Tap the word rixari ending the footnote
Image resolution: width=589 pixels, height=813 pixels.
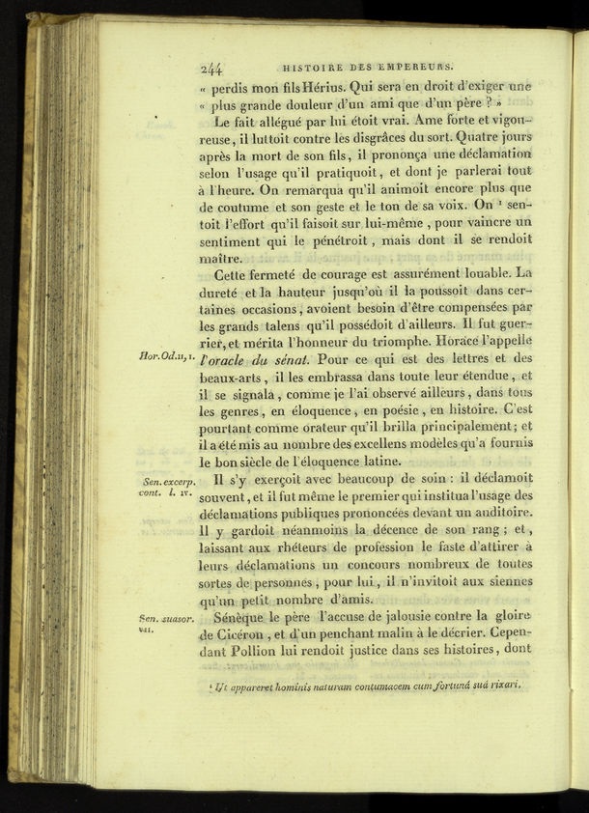[502, 686]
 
